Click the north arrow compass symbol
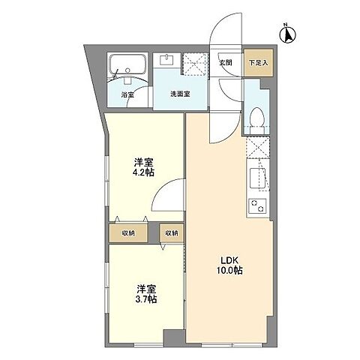(287, 32)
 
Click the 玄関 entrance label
(225, 63)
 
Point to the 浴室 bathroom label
(127, 95)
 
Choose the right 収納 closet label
(172, 233)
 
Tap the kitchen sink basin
(256, 178)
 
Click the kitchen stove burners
(256, 205)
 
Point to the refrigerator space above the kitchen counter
(257, 148)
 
